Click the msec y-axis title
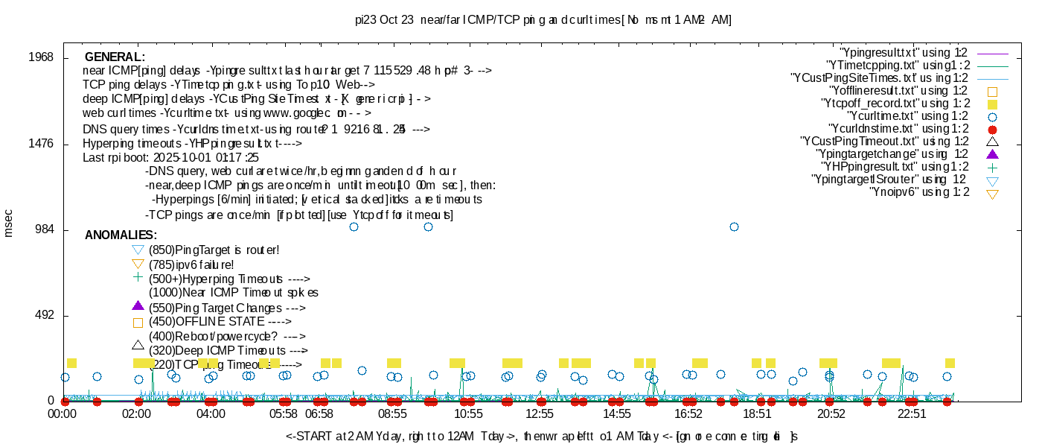click(9, 223)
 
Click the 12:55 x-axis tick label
click(540, 413)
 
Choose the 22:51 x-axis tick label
click(912, 413)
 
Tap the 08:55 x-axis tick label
click(393, 413)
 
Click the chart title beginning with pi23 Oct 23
click(543, 20)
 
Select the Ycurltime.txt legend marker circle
click(991, 117)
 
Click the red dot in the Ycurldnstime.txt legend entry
click(991, 130)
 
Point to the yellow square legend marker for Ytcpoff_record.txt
click(991, 104)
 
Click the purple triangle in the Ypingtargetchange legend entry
click(991, 155)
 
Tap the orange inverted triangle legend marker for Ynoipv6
click(991, 194)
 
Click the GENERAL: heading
click(115, 57)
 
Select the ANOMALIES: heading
click(121, 235)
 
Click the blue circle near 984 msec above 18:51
click(734, 226)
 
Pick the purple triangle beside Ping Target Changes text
click(137, 305)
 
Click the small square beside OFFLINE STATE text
click(137, 323)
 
